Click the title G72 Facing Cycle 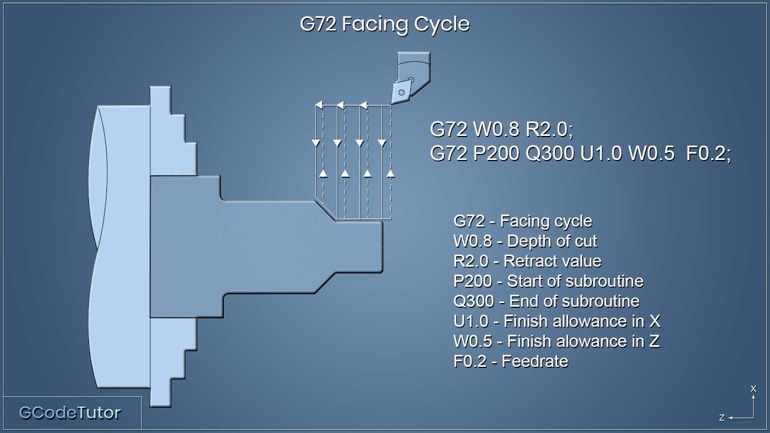coord(384,24)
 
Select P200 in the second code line coord(497,154)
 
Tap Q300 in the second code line coord(550,154)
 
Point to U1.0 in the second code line coord(602,154)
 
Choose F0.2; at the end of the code coord(708,154)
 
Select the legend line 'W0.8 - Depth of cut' coord(525,242)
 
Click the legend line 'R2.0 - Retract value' coord(528,262)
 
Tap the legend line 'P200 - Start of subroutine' coord(548,281)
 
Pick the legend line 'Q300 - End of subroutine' coord(546,301)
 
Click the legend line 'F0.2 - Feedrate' coord(511,361)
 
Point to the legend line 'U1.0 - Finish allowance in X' coord(557,321)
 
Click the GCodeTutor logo coord(70,413)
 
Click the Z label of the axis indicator coord(722,417)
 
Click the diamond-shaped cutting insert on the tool coord(401,92)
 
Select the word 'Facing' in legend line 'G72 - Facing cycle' coord(523,221)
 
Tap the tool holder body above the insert coord(414,66)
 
